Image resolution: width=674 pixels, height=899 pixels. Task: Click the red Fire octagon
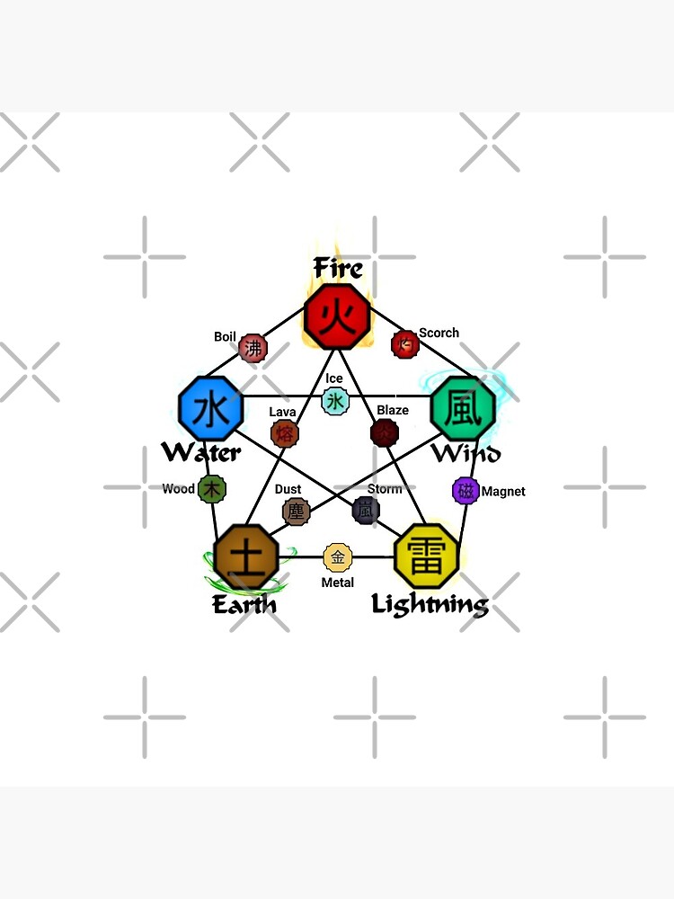338,316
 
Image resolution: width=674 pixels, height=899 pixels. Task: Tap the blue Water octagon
211,410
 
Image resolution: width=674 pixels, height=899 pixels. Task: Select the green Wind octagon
464,409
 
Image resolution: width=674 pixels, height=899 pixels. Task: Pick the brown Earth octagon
247,557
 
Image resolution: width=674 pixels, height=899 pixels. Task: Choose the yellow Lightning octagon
427,557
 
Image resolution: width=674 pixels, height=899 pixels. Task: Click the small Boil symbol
253,347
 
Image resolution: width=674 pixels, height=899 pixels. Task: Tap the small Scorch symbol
405,343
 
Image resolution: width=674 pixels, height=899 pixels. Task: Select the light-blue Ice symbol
335,401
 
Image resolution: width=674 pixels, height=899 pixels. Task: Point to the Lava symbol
285,434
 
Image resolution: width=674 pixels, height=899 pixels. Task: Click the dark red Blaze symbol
385,432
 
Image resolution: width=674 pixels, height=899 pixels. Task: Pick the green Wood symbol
212,489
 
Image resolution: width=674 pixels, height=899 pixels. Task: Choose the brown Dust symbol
296,512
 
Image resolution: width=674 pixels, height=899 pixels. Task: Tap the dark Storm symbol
366,510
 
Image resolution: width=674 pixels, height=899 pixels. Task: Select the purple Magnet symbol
466,491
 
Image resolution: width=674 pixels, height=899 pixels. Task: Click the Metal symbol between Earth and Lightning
337,557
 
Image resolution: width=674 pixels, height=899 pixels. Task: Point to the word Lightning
430,604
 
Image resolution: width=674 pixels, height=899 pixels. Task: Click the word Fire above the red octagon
338,268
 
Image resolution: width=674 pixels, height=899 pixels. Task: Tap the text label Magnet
503,492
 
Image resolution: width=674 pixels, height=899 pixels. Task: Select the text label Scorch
439,333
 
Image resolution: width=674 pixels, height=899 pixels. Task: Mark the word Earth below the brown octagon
244,604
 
